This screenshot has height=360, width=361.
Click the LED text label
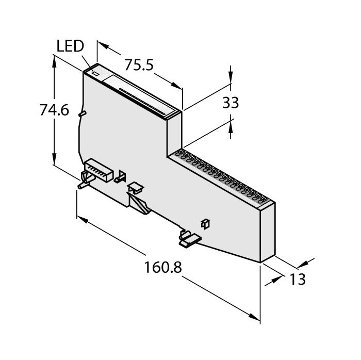click(x=70, y=46)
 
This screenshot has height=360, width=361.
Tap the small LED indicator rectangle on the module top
click(x=95, y=74)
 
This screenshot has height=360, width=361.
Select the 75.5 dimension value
click(x=138, y=65)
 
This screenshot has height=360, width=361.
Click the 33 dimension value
click(x=231, y=103)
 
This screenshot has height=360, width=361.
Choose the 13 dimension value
click(x=298, y=279)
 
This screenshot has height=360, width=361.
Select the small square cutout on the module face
click(x=205, y=223)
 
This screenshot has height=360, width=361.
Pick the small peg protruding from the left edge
click(x=81, y=113)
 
